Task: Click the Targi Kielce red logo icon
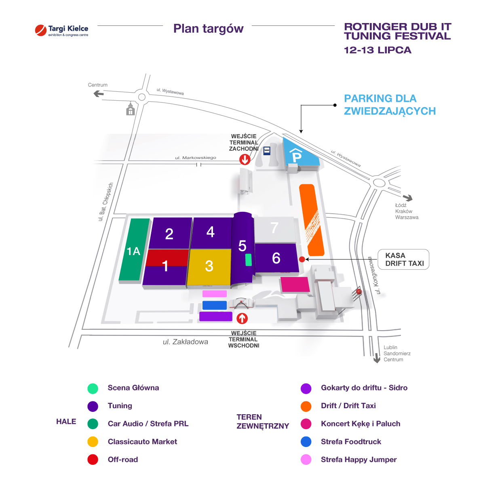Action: pyautogui.click(x=41, y=30)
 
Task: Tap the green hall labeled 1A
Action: pyautogui.click(x=134, y=249)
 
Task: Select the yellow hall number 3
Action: pyautogui.click(x=209, y=267)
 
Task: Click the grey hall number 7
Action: pyautogui.click(x=275, y=230)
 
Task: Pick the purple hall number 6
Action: pyautogui.click(x=277, y=258)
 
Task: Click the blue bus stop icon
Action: pyautogui.click(x=267, y=151)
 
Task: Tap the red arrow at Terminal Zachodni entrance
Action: pyautogui.click(x=245, y=159)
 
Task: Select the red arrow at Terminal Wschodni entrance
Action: pyautogui.click(x=242, y=318)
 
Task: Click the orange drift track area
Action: pyautogui.click(x=311, y=220)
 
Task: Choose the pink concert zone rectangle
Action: pyautogui.click(x=295, y=285)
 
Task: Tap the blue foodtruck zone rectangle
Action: pyautogui.click(x=215, y=305)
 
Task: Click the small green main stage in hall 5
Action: pyautogui.click(x=248, y=260)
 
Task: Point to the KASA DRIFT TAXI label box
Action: pyautogui.click(x=403, y=259)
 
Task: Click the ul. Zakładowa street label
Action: pyautogui.click(x=186, y=342)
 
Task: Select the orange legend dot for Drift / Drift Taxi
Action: pyautogui.click(x=306, y=406)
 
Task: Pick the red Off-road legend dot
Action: pyautogui.click(x=93, y=460)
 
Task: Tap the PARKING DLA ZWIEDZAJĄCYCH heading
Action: pyautogui.click(x=390, y=105)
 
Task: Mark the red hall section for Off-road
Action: pyautogui.click(x=167, y=257)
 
